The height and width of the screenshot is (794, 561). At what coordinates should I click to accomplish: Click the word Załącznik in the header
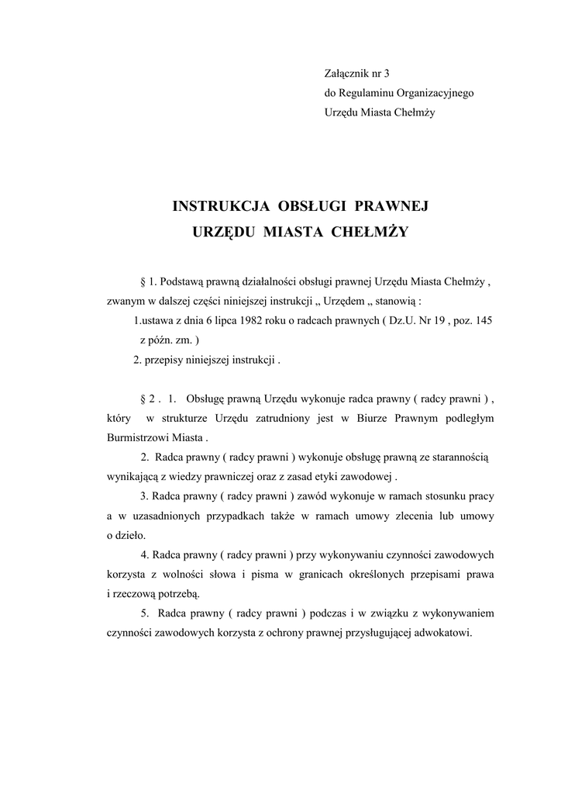346,73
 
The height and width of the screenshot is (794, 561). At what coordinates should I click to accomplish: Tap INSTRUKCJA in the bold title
220,206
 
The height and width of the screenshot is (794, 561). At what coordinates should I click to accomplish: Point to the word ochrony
278,633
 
